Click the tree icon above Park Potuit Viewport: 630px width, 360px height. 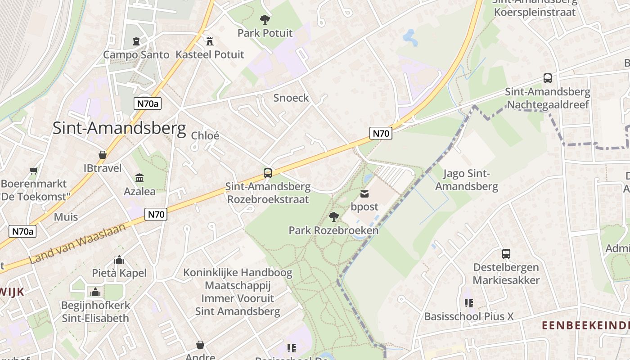(x=265, y=19)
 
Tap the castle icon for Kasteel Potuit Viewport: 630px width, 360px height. (x=209, y=41)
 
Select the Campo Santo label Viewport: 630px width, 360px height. (x=136, y=55)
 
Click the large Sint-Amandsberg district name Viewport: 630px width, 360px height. (x=119, y=128)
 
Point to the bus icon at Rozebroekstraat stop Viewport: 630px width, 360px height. (x=268, y=173)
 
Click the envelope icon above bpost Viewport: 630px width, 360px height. (x=364, y=194)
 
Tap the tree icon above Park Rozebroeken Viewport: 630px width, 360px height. (x=333, y=217)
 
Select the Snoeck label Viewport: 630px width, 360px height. (x=291, y=98)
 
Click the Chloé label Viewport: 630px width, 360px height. (x=205, y=135)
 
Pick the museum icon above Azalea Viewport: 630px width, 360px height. (x=139, y=178)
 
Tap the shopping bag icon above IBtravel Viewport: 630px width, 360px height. (x=103, y=155)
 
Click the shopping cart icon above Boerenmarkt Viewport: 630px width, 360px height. (x=34, y=171)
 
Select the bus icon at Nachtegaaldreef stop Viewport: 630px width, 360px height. (x=548, y=78)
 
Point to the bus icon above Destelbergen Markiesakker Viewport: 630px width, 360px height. (x=506, y=254)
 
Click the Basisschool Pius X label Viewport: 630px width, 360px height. (x=469, y=316)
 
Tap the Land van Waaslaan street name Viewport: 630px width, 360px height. (x=77, y=244)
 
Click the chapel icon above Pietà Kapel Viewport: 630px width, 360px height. (x=119, y=260)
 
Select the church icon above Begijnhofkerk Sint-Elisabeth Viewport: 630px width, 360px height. (x=95, y=292)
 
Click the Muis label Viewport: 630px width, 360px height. (x=66, y=217)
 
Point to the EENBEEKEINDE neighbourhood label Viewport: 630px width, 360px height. (x=585, y=325)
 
